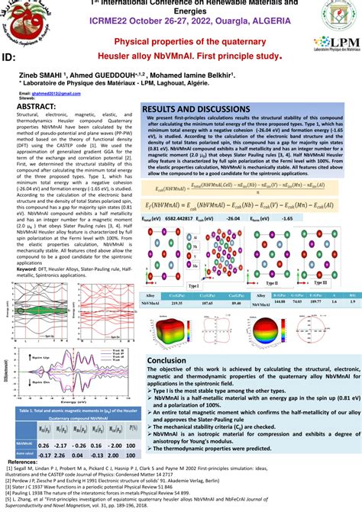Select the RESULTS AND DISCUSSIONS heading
point(195,110)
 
